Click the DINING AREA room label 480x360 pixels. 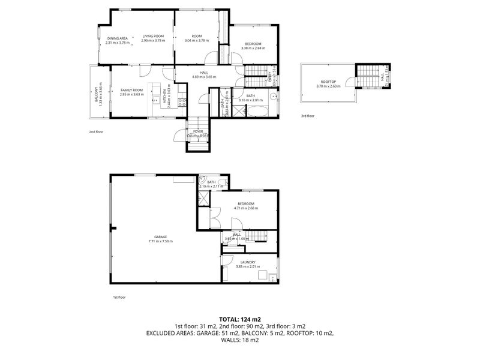coord(117,38)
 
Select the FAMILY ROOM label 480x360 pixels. coord(131,89)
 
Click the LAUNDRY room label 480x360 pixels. coord(248,262)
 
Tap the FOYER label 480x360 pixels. coord(197,131)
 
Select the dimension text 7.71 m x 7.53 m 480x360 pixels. coord(160,242)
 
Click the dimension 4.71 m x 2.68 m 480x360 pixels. coord(247,208)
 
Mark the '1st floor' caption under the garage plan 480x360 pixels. coord(119,297)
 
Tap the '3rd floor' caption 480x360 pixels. coord(307,116)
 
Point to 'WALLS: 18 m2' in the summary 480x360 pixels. coord(239,340)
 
